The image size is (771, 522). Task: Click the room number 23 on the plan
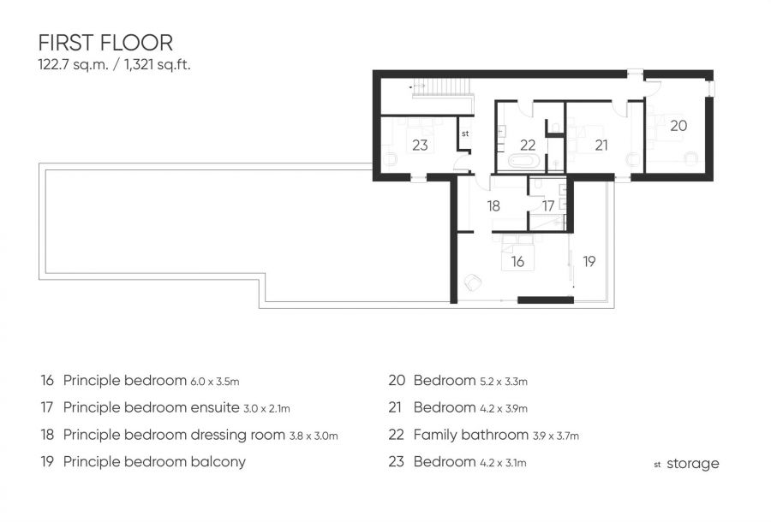coord(420,145)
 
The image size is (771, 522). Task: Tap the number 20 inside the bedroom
coord(678,126)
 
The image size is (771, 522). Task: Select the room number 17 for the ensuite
coord(548,205)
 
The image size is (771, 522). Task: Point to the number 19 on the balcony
coord(589,261)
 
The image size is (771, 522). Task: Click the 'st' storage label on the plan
coord(465,133)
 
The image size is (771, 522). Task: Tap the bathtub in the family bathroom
coord(524,161)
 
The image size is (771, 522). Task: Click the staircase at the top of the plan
coord(443,89)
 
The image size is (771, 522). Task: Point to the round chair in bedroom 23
coord(391,160)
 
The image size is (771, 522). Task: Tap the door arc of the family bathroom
coord(525,109)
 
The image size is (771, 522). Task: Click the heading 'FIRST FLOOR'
coord(105,43)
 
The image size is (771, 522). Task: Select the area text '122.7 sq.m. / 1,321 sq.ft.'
coord(114,65)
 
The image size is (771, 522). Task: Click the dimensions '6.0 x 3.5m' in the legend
coord(215,382)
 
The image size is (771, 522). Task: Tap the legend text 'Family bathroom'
coord(471,435)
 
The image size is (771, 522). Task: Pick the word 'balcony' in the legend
coord(218,461)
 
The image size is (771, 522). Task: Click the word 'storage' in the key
coord(693,464)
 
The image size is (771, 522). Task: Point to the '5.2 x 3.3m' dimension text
coord(504,382)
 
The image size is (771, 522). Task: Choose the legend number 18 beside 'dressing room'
coord(47,435)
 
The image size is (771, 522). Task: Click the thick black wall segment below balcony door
coord(546,300)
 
